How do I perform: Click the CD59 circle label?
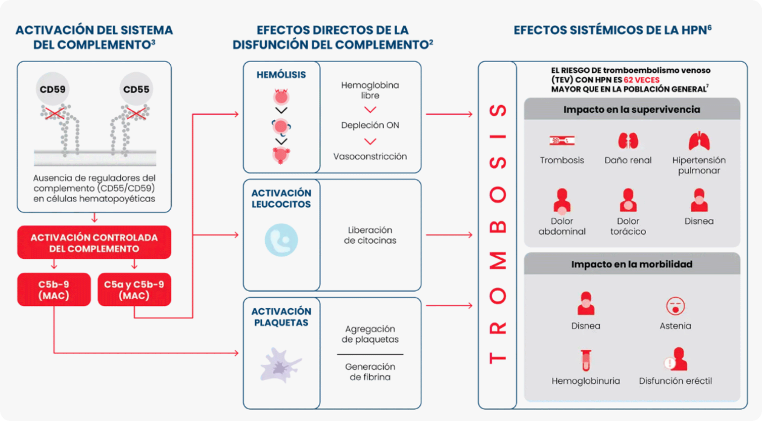tap(53, 89)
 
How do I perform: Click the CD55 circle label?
tap(136, 89)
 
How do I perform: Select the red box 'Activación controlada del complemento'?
tap(94, 243)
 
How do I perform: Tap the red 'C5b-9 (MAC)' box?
tap(54, 290)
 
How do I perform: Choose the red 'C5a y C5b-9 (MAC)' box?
tap(134, 290)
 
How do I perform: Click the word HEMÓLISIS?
tap(281, 74)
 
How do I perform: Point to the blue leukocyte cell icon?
tap(281, 240)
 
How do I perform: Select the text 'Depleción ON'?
tap(370, 125)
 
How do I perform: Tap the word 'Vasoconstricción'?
tap(370, 157)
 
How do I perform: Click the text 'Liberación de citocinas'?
tap(370, 235)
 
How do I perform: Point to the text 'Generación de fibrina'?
tap(370, 371)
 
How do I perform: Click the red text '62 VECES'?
tap(642, 80)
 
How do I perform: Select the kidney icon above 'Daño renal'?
tap(628, 141)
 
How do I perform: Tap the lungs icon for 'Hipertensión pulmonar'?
tap(699, 141)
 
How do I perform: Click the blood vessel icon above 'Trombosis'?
tap(562, 140)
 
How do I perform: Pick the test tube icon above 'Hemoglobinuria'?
tap(586, 360)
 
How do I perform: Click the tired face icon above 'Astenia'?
tap(675, 306)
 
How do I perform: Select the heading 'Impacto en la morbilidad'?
tap(632, 264)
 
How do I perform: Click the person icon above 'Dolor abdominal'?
tap(562, 201)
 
